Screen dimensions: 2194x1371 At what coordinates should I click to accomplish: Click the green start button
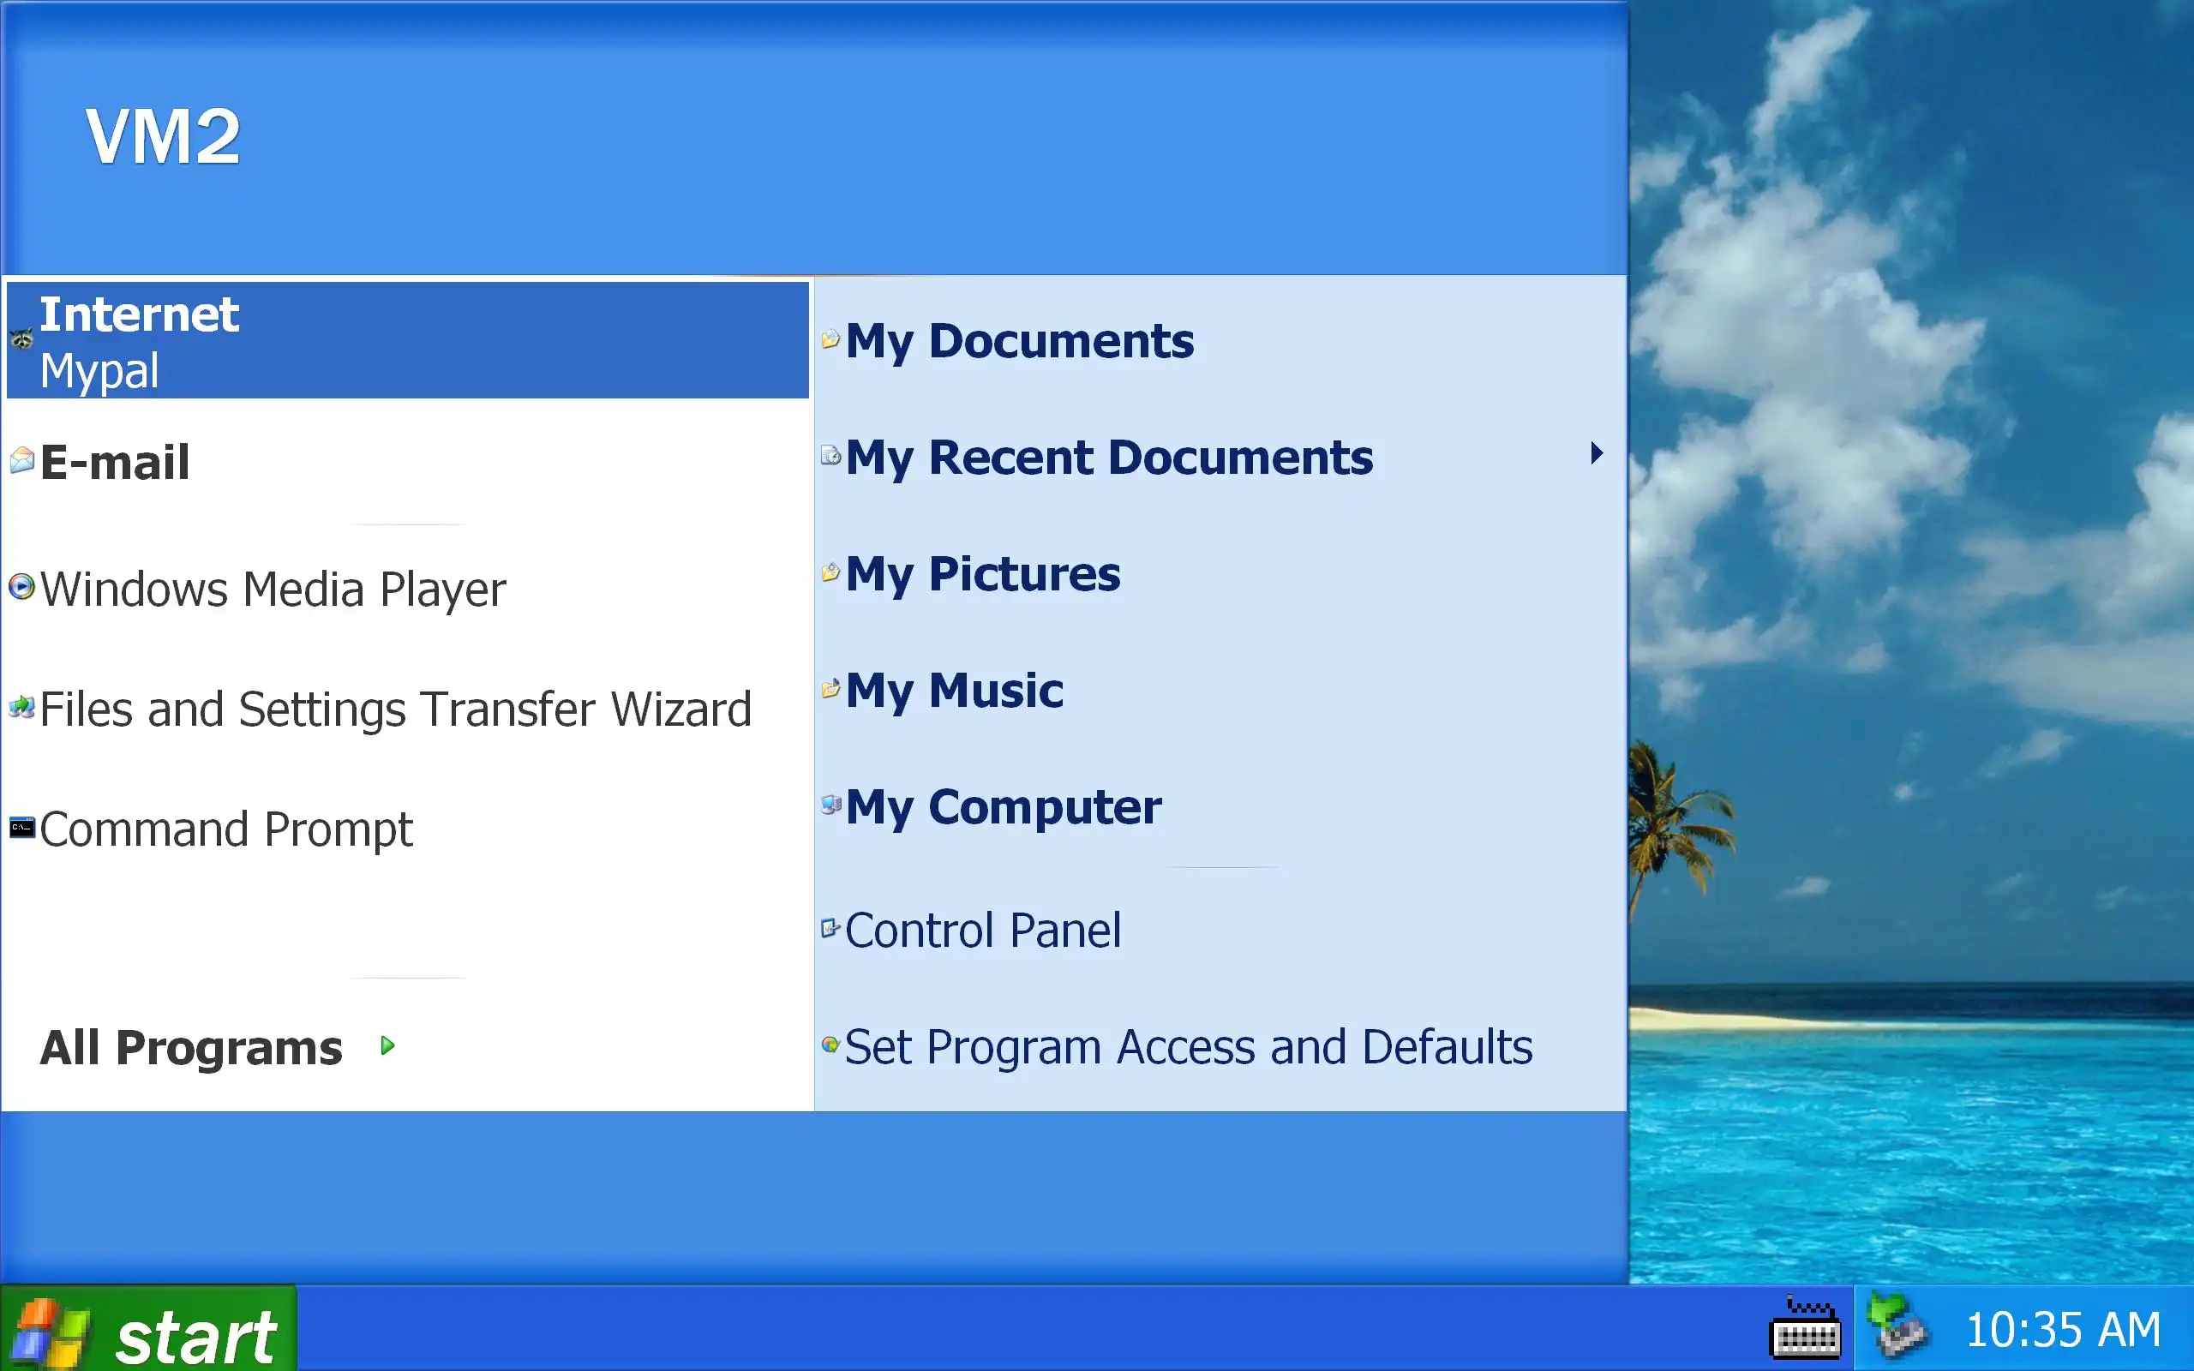[x=147, y=1329]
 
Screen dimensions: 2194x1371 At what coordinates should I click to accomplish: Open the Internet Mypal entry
[x=407, y=340]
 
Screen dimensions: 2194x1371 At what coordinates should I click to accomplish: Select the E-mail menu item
[x=114, y=463]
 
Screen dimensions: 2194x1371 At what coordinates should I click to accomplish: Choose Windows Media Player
[x=272, y=590]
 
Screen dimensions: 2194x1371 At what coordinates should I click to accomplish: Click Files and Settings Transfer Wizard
[x=395, y=709]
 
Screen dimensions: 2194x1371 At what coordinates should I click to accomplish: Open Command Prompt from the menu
[x=225, y=829]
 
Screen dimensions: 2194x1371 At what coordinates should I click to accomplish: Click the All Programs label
[x=190, y=1047]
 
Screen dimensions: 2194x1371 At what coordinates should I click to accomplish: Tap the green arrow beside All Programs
[x=388, y=1045]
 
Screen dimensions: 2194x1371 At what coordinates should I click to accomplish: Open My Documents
[x=1019, y=342]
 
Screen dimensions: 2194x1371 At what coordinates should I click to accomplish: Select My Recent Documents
[x=1109, y=458]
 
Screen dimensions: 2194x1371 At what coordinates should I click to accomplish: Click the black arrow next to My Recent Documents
[x=1597, y=452]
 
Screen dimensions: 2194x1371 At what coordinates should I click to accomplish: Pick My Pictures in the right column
[x=983, y=575]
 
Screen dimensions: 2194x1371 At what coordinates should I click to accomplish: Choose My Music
[x=954, y=691]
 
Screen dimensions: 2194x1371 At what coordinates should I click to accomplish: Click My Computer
[x=1003, y=808]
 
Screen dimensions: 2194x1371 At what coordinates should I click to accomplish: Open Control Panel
[x=983, y=931]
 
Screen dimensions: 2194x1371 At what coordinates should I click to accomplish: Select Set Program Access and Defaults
[x=1189, y=1047]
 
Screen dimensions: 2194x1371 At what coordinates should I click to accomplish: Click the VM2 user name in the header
[x=163, y=136]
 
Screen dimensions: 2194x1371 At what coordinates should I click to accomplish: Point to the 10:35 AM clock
[x=2063, y=1330]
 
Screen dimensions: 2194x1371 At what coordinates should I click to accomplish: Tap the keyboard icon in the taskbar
[x=1805, y=1328]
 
